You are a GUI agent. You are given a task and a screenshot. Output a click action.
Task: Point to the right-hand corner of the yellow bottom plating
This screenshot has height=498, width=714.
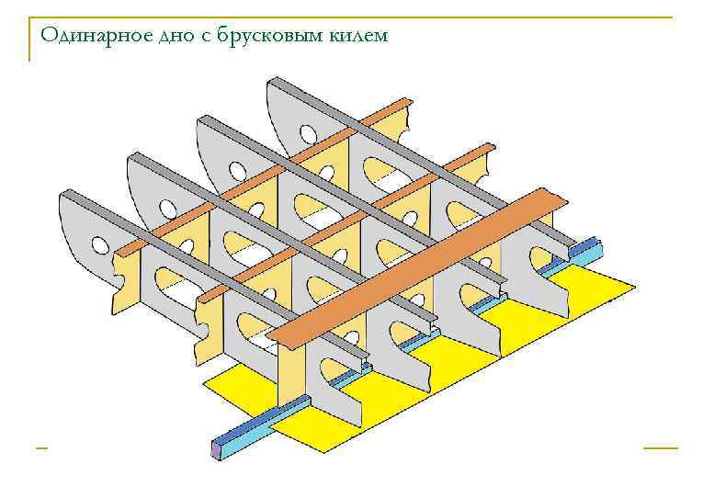632,288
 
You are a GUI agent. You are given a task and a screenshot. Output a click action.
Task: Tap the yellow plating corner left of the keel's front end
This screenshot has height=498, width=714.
208,381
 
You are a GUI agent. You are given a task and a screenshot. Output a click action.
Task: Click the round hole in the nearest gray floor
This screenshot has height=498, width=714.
96,243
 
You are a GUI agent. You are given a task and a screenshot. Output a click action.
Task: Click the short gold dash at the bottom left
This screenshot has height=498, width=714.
41,448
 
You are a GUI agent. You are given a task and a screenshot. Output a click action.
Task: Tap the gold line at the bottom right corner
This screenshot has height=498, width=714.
660,448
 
